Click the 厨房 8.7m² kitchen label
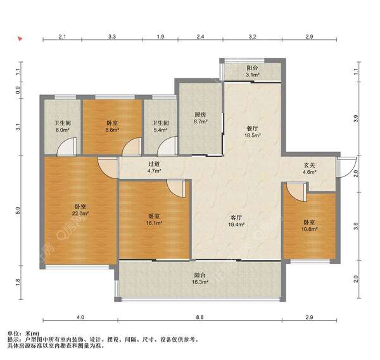[200, 118]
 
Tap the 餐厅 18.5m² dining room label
[252, 132]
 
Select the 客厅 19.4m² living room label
[236, 221]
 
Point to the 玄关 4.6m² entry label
[310, 169]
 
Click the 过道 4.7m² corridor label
[155, 167]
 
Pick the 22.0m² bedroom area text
[80, 213]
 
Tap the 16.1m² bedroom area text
[154, 223]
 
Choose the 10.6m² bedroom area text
[309, 229]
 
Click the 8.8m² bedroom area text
[112, 130]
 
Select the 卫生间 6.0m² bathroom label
[63, 127]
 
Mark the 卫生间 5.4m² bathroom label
[160, 127]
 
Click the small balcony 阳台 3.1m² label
[252, 71]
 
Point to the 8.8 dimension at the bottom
[199, 317]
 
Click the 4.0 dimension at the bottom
[80, 317]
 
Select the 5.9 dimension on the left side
[18, 211]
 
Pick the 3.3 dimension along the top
[112, 37]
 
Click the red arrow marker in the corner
[20, 39]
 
